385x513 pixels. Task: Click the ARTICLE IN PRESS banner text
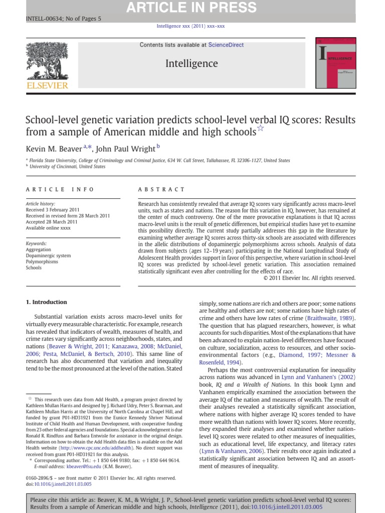pos(191,8)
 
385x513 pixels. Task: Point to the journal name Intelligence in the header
pos(192,63)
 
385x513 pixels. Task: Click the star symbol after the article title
pos(260,129)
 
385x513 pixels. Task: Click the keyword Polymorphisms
pos(42,262)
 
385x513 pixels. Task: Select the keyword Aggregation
pos(39,249)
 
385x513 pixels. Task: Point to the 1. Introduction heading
pos(46,302)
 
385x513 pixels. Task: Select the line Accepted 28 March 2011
pos(52,221)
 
